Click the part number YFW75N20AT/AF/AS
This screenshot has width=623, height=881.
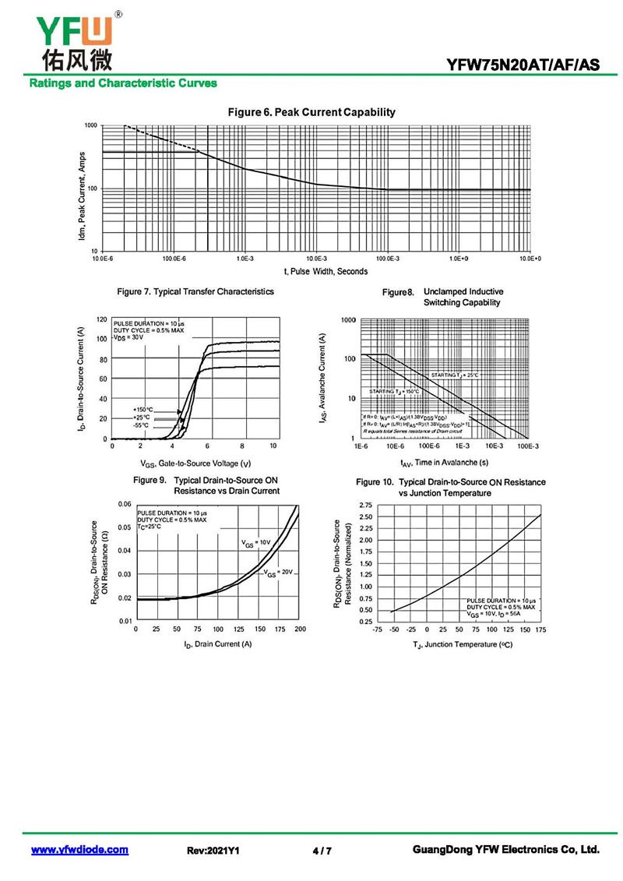point(523,65)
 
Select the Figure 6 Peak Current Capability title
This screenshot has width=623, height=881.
point(311,112)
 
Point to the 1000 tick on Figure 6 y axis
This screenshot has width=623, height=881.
point(91,125)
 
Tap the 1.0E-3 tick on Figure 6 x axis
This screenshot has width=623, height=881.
point(245,258)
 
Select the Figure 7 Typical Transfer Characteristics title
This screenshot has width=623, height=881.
point(195,291)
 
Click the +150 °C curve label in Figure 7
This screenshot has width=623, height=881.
point(143,409)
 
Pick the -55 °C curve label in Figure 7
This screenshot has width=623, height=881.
point(141,425)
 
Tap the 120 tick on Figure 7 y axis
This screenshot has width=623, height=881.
point(101,319)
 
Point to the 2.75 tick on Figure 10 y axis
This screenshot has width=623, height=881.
point(365,505)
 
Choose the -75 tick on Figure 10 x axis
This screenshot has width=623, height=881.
point(377,629)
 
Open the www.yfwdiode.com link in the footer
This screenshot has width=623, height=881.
point(79,850)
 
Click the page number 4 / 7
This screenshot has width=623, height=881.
point(322,851)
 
